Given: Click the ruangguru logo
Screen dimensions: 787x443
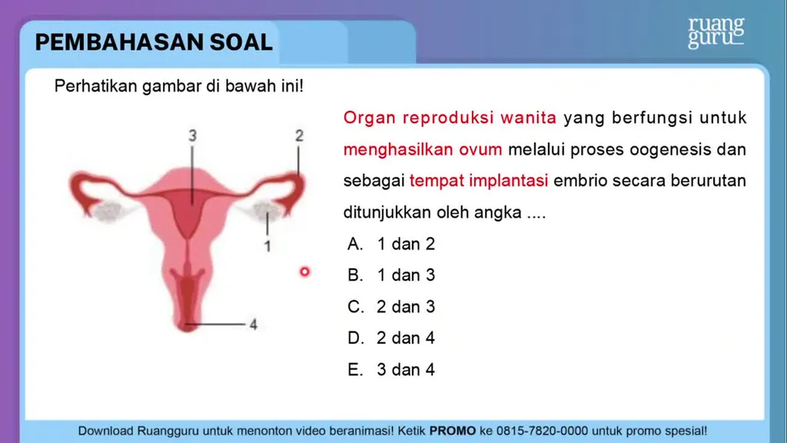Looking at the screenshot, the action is (716, 32).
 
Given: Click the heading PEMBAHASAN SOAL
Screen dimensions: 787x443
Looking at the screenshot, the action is (154, 42).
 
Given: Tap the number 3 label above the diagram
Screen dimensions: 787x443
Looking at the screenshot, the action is (193, 135).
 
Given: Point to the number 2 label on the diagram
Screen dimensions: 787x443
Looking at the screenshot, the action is (299, 135).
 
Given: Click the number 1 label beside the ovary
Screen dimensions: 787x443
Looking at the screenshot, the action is (267, 246).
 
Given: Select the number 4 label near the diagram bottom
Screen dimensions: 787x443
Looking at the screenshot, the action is (254, 325).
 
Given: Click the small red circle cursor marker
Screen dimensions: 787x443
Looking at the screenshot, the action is (304, 271).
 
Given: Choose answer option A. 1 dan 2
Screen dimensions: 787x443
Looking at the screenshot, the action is (391, 244).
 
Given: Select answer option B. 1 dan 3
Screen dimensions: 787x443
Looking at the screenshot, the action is (391, 275).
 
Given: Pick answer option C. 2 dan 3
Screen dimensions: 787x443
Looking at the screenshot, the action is (391, 307).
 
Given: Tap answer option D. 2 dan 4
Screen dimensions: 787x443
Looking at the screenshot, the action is (391, 338).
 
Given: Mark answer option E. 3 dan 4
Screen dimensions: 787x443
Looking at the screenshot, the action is (391, 370).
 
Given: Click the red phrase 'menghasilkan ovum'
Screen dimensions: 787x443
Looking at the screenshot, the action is (423, 150).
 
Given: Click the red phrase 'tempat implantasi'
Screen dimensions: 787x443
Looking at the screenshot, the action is (479, 181).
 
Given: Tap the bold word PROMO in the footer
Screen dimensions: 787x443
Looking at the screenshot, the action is (453, 431).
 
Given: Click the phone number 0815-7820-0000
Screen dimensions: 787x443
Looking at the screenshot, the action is (542, 431).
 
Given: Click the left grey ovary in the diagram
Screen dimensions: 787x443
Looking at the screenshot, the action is (108, 211).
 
